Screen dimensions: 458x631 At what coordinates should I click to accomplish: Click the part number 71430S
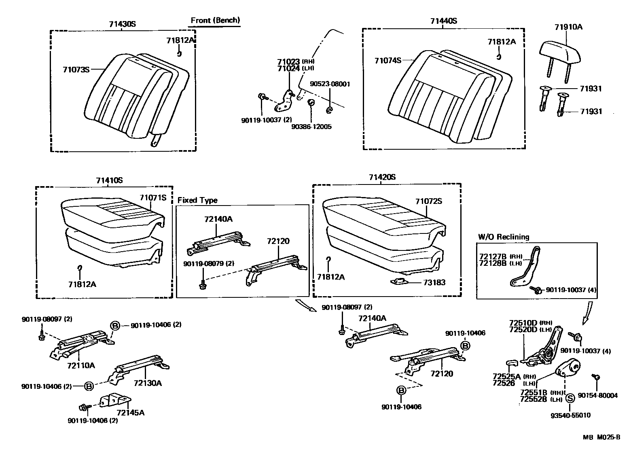122,24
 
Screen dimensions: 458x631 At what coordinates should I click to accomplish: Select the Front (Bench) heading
215,20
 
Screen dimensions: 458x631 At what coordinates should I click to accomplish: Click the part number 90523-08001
330,84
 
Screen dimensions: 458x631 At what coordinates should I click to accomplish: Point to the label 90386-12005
311,127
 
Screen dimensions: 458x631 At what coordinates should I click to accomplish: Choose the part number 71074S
387,61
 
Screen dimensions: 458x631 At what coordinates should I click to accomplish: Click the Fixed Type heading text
197,200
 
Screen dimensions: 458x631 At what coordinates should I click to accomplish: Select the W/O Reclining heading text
503,237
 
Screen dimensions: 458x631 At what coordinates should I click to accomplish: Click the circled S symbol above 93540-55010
570,398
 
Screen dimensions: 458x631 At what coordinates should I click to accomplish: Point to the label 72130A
148,383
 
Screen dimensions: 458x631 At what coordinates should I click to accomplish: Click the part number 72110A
81,365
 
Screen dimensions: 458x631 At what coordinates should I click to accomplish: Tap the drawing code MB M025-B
601,437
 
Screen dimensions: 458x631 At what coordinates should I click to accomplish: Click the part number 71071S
153,198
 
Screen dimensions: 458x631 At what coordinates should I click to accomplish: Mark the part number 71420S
382,177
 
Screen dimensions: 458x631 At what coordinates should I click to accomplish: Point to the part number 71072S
429,201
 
